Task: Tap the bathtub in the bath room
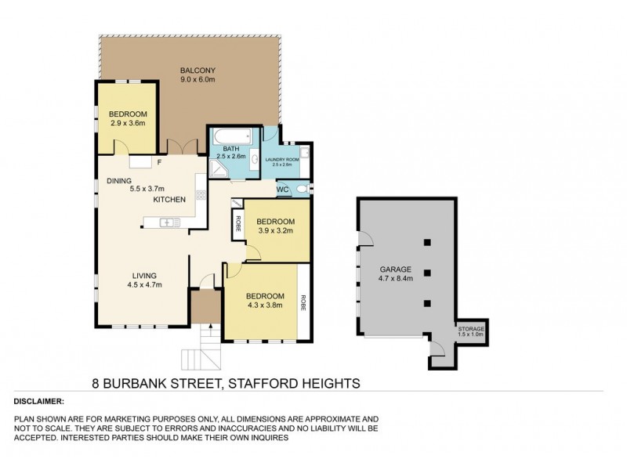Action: [x=233, y=136]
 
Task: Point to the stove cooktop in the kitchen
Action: [x=201, y=195]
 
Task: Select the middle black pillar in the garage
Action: [x=427, y=273]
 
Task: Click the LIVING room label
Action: [x=144, y=276]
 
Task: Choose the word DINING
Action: [x=120, y=180]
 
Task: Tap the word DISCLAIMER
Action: [x=39, y=400]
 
